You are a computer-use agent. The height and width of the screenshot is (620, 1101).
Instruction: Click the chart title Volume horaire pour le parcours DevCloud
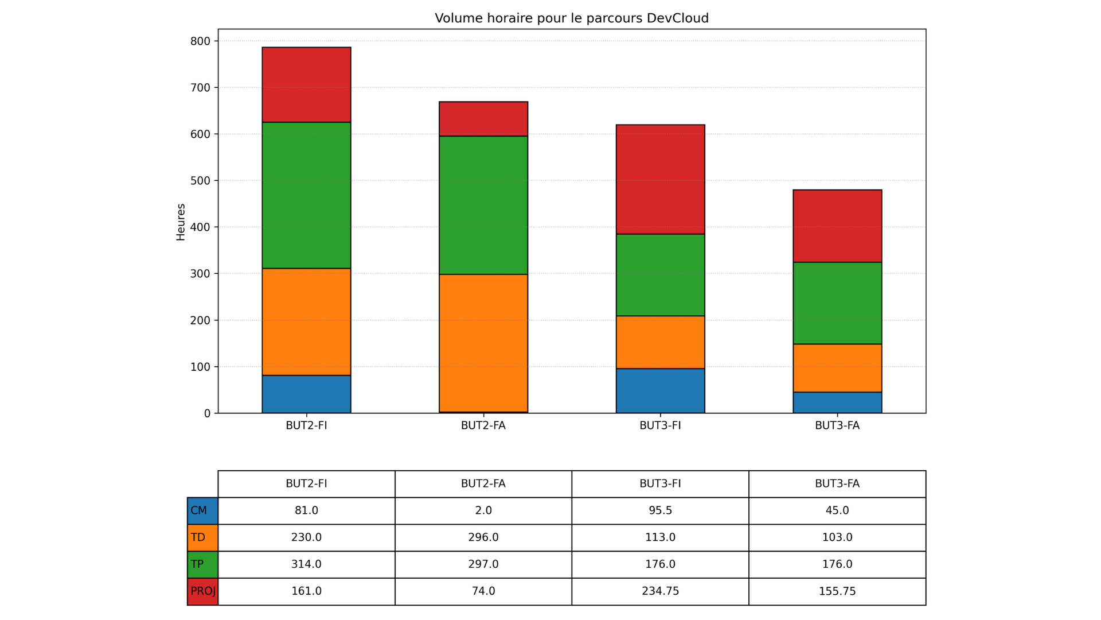pos(571,18)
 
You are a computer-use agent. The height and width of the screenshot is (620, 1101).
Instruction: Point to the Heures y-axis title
pos(181,222)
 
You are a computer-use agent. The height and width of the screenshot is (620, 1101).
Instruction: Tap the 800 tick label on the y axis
pos(200,41)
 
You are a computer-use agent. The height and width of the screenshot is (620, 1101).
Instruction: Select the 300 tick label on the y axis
pos(200,274)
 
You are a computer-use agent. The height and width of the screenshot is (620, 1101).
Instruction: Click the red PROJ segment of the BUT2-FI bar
pos(306,85)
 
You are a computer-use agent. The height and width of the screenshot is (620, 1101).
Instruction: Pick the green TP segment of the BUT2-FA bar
pos(483,205)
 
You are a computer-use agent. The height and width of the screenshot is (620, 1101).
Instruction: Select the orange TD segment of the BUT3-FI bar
pos(660,342)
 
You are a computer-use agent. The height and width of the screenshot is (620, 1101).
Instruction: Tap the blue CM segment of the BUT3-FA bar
pos(837,402)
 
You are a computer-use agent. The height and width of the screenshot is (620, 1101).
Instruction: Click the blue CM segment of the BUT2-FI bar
pos(306,394)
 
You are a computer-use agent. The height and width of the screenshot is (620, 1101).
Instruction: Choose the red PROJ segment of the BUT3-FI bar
pos(660,179)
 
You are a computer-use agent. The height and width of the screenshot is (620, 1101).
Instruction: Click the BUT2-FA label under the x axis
pos(483,426)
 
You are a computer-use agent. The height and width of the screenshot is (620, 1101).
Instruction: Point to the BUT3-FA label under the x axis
pos(837,426)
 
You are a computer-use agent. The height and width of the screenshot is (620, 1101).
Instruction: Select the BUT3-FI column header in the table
pos(660,484)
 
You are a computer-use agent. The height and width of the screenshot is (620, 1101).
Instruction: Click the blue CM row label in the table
pos(202,511)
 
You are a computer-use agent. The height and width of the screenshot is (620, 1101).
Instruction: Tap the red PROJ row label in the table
pos(202,591)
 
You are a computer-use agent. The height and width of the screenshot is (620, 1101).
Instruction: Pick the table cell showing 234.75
pos(660,591)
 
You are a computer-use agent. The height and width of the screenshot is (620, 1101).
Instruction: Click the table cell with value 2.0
pos(483,511)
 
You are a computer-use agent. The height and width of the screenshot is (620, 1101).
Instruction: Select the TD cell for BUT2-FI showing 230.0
pos(306,538)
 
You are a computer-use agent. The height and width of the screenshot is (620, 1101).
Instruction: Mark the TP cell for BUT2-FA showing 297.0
pos(483,564)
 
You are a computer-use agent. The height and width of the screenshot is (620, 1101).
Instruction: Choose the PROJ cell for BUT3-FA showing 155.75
pos(837,591)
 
